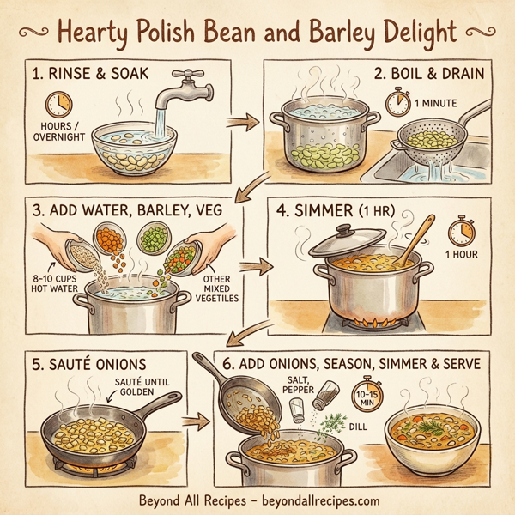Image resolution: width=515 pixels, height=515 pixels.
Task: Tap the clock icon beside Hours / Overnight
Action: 59,106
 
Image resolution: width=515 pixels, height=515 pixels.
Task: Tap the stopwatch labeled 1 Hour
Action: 461,232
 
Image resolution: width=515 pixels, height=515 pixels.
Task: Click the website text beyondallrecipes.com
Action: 313,500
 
